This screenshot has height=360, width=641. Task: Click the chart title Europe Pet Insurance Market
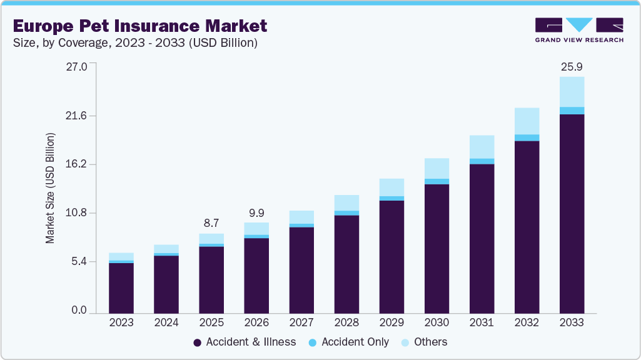[x=140, y=26]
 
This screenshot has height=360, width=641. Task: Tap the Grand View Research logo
[x=578, y=30]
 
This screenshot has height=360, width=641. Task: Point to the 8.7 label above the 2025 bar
[x=211, y=223]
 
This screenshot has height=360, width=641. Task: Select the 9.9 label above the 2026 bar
[x=256, y=213]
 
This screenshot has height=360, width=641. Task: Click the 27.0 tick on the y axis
[x=76, y=66]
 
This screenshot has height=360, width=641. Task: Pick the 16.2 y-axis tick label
[x=76, y=164]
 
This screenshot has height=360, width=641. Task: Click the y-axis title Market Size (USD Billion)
[x=50, y=188]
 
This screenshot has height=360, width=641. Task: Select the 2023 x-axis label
[x=121, y=323]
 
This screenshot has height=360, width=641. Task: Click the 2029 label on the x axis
[x=391, y=323]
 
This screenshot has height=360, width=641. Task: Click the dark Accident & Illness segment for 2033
[x=572, y=212]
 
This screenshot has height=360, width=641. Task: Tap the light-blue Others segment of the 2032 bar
[x=527, y=121]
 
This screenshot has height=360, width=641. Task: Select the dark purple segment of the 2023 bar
[x=121, y=287]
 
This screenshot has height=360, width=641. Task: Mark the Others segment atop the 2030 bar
[x=437, y=169]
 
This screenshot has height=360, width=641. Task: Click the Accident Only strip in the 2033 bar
[x=572, y=111]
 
